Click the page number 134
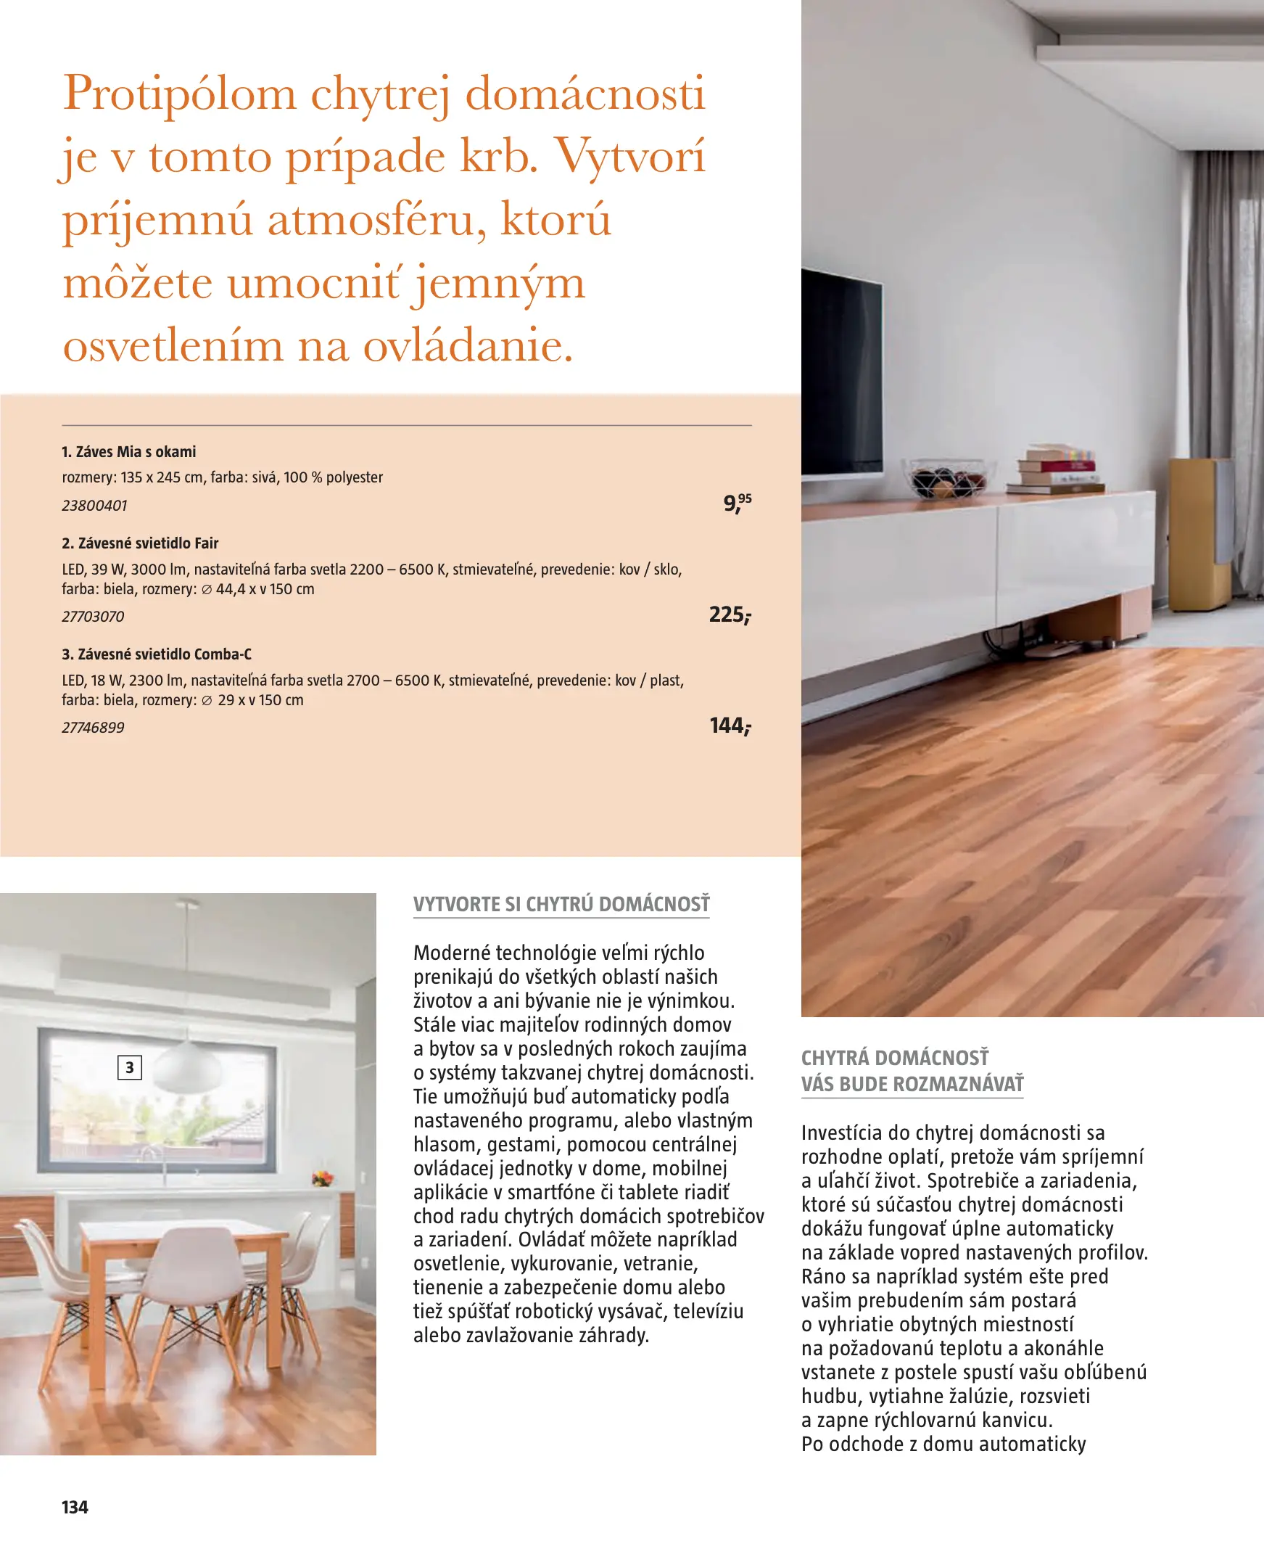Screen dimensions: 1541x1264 click(75, 1507)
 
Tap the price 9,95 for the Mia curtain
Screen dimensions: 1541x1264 click(737, 503)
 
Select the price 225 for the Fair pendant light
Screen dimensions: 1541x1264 click(730, 615)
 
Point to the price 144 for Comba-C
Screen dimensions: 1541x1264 click(730, 726)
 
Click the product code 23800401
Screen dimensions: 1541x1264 click(95, 506)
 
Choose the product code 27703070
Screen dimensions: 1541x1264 click(94, 617)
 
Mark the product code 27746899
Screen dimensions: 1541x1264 click(94, 728)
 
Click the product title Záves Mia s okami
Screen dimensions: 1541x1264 click(129, 451)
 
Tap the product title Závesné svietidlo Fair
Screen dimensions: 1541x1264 click(141, 543)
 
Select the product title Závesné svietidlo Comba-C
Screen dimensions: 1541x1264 click(157, 654)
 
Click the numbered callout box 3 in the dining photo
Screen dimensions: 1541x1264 click(130, 1068)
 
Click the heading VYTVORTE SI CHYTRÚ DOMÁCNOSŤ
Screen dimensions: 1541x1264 click(561, 905)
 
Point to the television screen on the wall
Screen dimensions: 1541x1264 click(840, 371)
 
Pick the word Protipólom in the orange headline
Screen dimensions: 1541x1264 click(180, 94)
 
